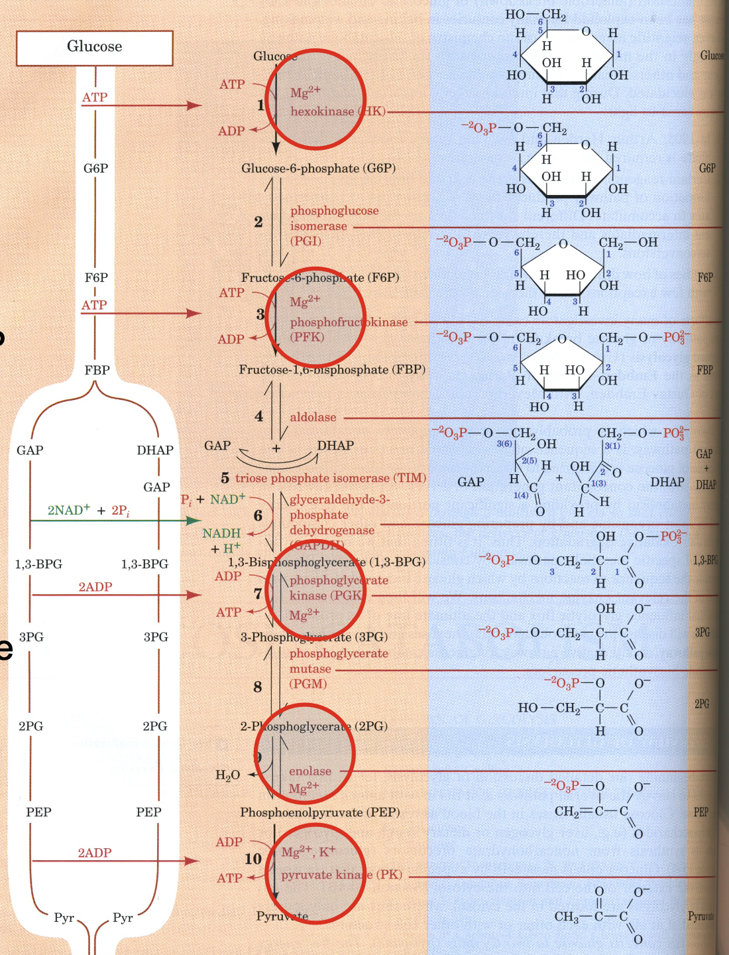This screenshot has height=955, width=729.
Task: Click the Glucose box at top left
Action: coord(94,47)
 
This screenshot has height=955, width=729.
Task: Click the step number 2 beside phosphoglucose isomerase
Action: coord(258,222)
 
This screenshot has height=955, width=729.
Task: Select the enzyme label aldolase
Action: coord(313,417)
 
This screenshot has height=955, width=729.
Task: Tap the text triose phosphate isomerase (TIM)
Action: coord(331,478)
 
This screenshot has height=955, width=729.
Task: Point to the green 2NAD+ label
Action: coord(69,510)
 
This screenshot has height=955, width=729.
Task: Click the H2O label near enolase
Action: coord(227,775)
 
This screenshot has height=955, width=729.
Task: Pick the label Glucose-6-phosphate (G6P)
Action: coord(318,168)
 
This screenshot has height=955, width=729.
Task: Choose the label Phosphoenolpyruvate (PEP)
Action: coord(319,812)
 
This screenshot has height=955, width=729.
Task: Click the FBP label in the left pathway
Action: coord(97,370)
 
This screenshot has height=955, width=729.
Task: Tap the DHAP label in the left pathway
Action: coord(155,450)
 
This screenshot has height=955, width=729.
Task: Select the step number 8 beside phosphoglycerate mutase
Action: coord(258,687)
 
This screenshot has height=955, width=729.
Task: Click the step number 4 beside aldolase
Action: coord(259,416)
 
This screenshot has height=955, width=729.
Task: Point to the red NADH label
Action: coord(221,533)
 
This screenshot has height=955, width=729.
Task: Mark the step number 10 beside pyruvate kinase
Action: coord(253,859)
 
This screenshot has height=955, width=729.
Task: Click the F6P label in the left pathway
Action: coord(96,277)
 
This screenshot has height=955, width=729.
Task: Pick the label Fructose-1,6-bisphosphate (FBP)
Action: coord(332,369)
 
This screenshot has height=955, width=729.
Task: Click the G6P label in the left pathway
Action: coord(95,168)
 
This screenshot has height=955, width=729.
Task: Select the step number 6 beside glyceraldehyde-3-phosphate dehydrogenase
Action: coord(258,515)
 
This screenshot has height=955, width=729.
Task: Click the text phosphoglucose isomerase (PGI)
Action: coord(334,225)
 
